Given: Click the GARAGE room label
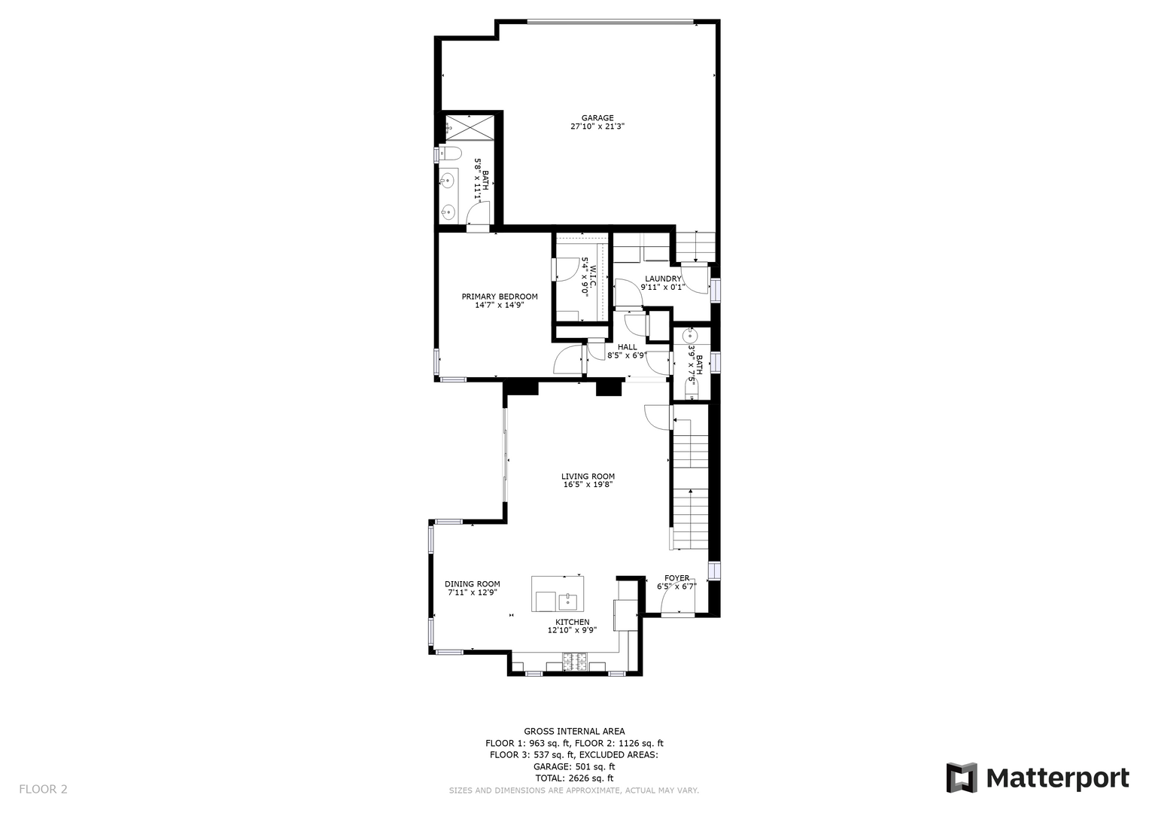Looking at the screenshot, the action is [597, 118].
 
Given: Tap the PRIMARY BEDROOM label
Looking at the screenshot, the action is [500, 297].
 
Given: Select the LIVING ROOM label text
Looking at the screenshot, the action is [588, 477].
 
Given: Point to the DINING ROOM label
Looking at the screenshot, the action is [472, 584].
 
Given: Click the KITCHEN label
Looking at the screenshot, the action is [573, 622].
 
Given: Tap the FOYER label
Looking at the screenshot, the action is [677, 578].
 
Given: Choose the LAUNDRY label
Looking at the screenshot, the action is [663, 279].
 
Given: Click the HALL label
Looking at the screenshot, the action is [628, 347].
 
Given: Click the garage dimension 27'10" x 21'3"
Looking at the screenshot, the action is [597, 126].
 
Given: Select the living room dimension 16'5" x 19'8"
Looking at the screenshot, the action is [588, 484].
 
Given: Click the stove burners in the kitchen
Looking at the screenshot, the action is [575, 661].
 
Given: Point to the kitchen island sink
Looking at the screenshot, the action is [568, 601].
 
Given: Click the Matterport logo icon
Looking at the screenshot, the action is [961, 778].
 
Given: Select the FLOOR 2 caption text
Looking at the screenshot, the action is [43, 790].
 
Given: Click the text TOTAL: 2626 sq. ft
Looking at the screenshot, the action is [575, 778].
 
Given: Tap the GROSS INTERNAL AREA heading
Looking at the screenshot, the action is [575, 732].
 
